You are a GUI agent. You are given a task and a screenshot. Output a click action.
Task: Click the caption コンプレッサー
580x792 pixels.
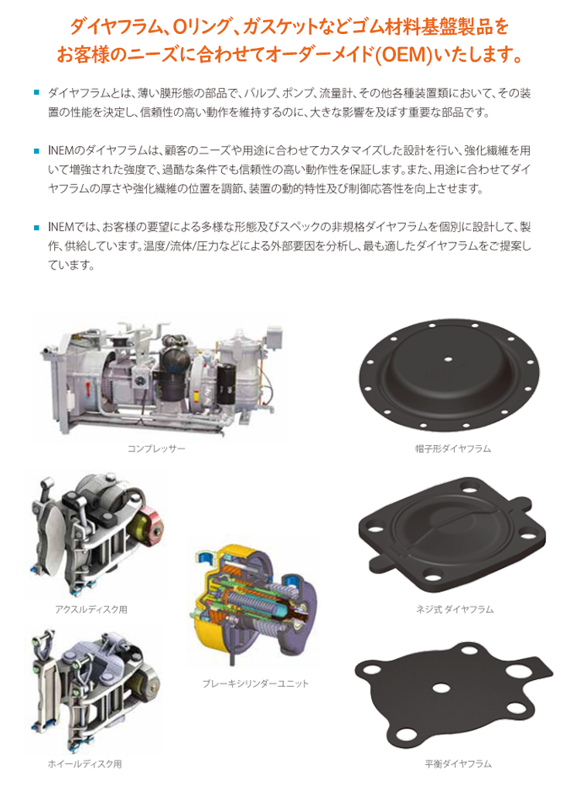pos(156,448)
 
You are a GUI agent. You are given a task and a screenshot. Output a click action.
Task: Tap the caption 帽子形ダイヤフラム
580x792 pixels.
pos(453,448)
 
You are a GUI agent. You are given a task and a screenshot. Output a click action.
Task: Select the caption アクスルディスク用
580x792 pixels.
pos(91,610)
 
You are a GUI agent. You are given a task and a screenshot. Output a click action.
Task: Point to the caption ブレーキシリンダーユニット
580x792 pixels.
pos(255,683)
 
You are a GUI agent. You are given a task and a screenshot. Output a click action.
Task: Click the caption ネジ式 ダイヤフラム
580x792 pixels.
pos(455,610)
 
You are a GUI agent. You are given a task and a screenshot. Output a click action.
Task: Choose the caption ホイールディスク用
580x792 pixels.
pos(85,764)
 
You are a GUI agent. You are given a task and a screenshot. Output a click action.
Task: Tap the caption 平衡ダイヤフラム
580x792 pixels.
pos(458,764)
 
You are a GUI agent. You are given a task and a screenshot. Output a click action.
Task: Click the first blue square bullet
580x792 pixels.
pos(36,93)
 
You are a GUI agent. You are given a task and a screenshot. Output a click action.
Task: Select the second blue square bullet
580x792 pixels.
pos(36,151)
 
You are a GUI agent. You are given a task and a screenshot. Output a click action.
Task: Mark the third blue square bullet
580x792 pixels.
pos(36,227)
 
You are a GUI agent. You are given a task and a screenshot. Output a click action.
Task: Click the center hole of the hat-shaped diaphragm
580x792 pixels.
pos(448,359)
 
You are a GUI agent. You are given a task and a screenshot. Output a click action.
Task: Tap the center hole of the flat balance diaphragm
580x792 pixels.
pos(441,688)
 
